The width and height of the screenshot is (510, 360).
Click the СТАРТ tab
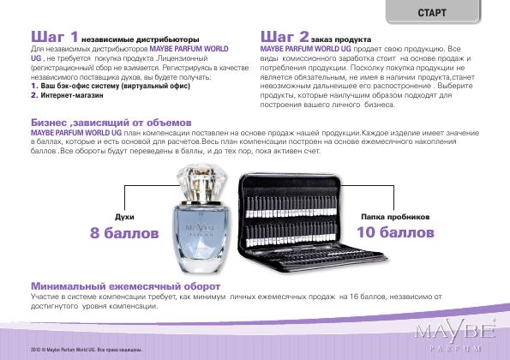coord(433,12)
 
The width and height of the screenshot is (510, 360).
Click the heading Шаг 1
coord(55,36)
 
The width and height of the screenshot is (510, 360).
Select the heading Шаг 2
coord(285,36)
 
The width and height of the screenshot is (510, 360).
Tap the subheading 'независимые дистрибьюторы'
coord(141,39)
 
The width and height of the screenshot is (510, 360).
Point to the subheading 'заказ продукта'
coord(341,39)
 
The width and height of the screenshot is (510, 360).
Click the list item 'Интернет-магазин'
coord(67,95)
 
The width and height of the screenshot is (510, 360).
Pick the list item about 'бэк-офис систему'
coord(111,86)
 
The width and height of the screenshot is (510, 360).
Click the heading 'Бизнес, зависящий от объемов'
coord(111,123)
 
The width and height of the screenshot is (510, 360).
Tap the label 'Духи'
coord(124,217)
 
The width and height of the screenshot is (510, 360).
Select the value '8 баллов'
coord(124,233)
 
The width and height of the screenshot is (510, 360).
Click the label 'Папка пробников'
coord(395,217)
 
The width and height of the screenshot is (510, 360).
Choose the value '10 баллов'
coord(395,232)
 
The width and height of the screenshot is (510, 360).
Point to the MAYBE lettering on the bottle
coord(200,226)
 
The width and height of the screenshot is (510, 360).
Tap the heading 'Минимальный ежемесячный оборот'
coord(125,286)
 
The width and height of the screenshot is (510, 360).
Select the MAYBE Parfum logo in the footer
coord(455,336)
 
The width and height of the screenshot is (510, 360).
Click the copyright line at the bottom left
coord(87,350)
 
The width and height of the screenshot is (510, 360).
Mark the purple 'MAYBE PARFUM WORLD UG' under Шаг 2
coord(306,49)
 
